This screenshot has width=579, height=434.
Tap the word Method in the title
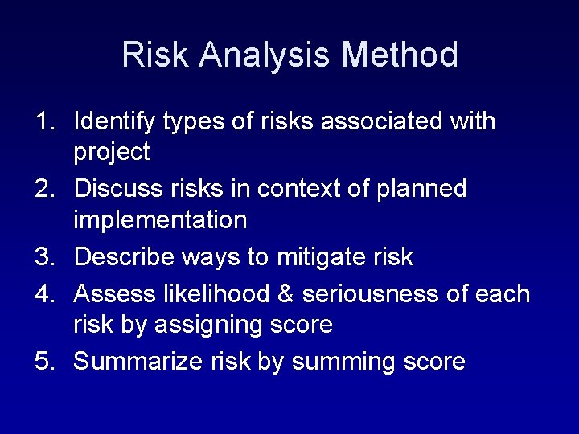[400, 55]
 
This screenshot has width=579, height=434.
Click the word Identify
[114, 122]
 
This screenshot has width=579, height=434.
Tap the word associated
[380, 121]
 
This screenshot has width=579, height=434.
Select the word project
[112, 153]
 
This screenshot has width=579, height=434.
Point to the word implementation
[160, 220]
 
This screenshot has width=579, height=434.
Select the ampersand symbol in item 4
[285, 294]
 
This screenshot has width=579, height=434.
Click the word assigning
[210, 325]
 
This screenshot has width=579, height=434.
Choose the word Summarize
[138, 362]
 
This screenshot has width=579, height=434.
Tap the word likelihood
[216, 294]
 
